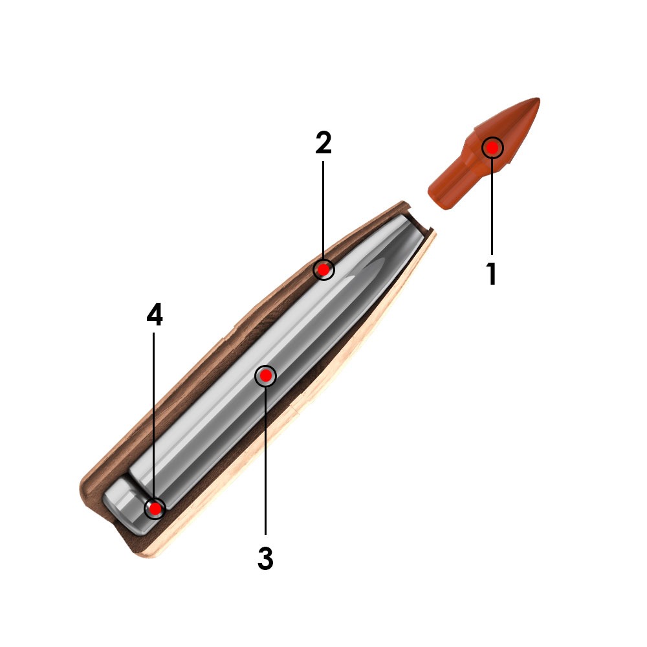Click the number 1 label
[491, 273]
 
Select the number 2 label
[323, 143]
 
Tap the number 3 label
[265, 558]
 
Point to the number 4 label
[155, 314]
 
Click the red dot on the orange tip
[492, 148]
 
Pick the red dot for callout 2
[324, 269]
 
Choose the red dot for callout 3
[266, 376]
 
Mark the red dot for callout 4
[155, 509]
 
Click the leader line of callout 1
[492, 206]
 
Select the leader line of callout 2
[323, 210]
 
